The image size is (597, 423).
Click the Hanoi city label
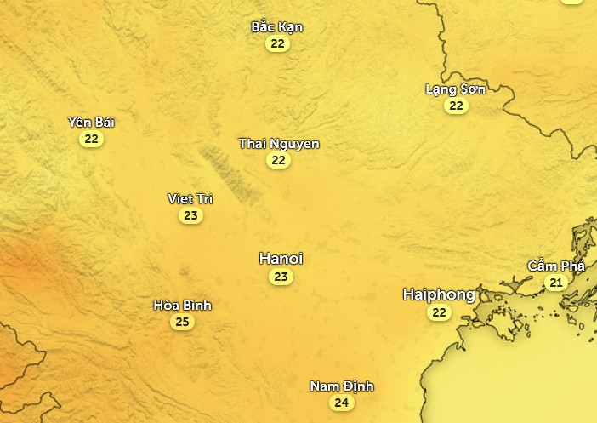(281, 259)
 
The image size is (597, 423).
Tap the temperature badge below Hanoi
(281, 277)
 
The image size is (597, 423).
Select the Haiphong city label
(439, 294)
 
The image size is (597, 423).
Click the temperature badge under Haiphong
(439, 313)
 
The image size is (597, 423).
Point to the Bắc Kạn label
(277, 26)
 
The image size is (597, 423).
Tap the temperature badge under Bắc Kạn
(277, 43)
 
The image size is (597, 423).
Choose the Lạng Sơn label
(456, 89)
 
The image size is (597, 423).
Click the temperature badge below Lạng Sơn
(457, 106)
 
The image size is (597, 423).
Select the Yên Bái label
(91, 122)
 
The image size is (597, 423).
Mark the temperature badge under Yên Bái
(91, 139)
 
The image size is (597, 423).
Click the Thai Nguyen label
(279, 143)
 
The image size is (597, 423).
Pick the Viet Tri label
(190, 198)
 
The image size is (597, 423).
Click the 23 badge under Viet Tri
(190, 216)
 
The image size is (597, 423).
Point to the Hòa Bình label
(182, 305)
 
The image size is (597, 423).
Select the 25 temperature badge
(182, 322)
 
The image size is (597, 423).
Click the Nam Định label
(341, 386)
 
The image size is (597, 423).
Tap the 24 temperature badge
(341, 403)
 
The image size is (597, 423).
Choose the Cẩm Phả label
(556, 266)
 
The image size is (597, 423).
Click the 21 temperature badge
(556, 283)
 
